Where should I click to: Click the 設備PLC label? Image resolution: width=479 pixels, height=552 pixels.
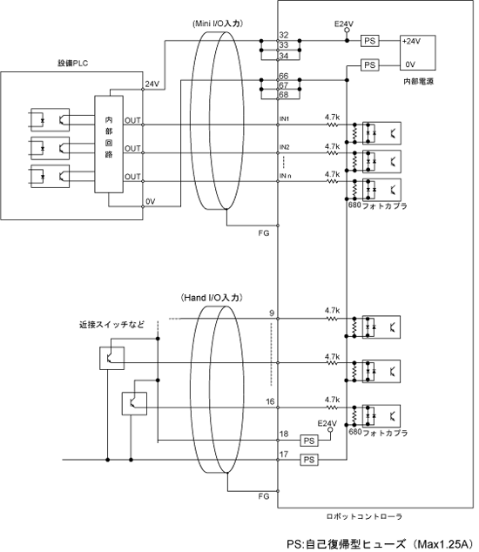72,64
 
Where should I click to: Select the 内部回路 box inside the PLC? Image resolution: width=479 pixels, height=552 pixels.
109,144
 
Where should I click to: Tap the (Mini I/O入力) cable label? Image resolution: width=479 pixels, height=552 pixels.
218,24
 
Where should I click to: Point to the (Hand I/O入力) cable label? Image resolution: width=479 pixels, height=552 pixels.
212,298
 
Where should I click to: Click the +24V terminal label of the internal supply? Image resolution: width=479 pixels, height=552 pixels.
411,41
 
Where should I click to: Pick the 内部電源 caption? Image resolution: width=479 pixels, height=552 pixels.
418,81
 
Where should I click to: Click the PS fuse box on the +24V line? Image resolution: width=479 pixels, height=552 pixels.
370,41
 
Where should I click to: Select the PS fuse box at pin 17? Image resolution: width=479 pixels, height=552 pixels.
309,460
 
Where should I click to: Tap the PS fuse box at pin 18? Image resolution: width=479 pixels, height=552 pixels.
309,441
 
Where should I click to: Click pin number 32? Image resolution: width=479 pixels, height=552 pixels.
284,35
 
